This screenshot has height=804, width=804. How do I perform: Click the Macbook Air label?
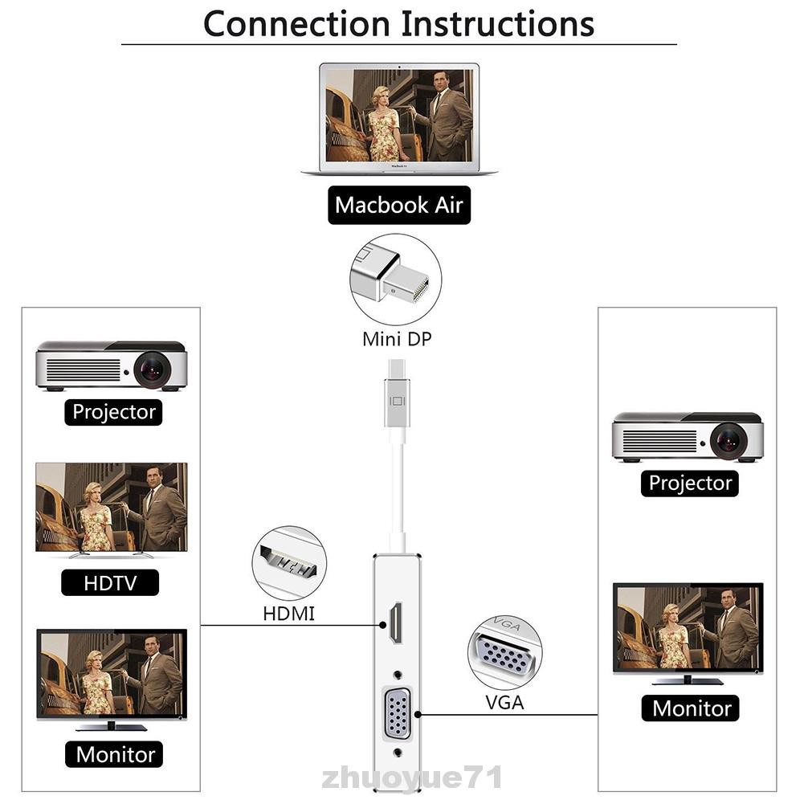tap(398, 205)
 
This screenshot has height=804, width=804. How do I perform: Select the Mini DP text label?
tap(397, 338)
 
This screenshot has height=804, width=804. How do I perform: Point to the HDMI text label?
tap(289, 614)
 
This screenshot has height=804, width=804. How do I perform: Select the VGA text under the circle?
tap(504, 702)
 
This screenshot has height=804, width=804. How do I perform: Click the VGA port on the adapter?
tap(398, 712)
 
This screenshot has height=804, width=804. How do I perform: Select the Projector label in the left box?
tap(114, 412)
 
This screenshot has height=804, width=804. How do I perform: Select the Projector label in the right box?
tap(690, 483)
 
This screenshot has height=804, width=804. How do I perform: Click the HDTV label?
tap(110, 582)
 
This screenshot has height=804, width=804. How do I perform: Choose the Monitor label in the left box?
tap(115, 753)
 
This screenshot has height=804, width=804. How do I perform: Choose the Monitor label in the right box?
tap(692, 708)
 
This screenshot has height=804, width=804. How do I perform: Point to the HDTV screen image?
tap(112, 507)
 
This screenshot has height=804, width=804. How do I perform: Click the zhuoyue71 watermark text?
tap(412, 777)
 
